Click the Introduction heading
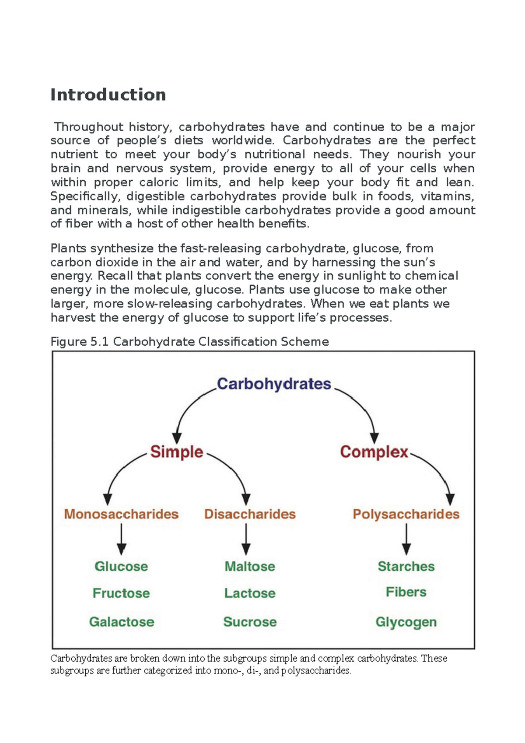[108, 95]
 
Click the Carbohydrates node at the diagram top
[274, 384]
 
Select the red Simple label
[177, 452]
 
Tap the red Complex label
[374, 452]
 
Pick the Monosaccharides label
[121, 514]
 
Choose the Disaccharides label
[250, 514]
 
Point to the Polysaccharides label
[406, 514]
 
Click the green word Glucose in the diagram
[121, 566]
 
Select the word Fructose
[121, 593]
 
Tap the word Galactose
[122, 622]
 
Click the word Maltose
[250, 566]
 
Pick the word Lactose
[250, 593]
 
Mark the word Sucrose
[250, 622]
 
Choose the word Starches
[406, 566]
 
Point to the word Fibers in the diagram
[406, 592]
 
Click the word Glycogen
[406, 622]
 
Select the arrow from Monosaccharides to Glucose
[122, 539]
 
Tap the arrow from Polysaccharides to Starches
[406, 539]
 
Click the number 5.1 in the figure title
[99, 342]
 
